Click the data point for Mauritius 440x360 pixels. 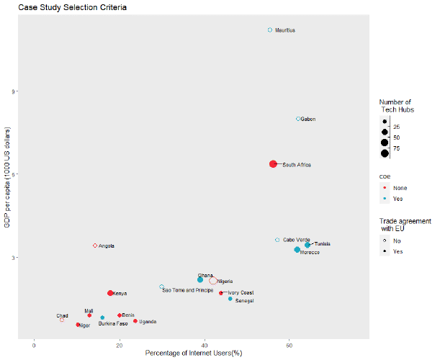[270, 30]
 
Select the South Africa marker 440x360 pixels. [274, 164]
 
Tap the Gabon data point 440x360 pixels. [298, 119]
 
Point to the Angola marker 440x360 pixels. [95, 246]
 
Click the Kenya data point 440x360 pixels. [110, 293]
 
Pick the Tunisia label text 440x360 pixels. [322, 244]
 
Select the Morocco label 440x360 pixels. [310, 253]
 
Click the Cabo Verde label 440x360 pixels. [297, 240]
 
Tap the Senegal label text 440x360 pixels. [245, 300]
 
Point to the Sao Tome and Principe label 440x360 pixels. [187, 290]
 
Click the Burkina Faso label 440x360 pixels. [113, 324]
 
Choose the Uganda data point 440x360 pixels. [135, 321]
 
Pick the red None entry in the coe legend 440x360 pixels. [385, 188]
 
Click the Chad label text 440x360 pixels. [63, 315]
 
